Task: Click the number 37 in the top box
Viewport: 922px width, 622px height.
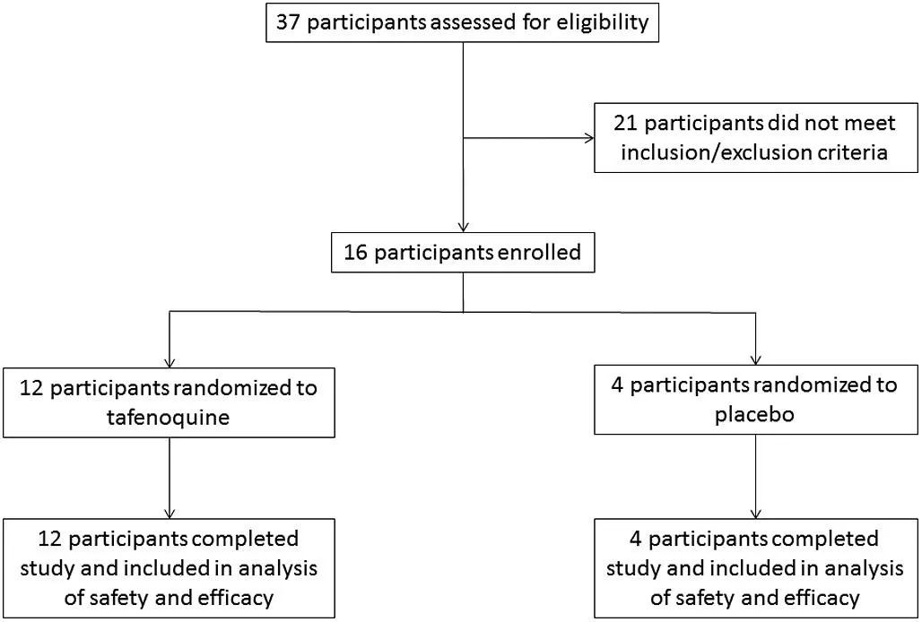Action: [x=288, y=23]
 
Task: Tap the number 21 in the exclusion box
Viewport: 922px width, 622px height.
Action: [x=626, y=124]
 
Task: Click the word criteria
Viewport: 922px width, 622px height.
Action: [x=851, y=152]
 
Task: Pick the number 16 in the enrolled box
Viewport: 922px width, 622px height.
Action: [x=356, y=253]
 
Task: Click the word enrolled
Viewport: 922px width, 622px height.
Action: [x=539, y=253]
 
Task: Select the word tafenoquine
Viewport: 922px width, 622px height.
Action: [x=169, y=418]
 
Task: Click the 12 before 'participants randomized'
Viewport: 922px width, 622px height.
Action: [x=31, y=388]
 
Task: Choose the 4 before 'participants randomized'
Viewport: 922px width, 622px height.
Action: [x=617, y=385]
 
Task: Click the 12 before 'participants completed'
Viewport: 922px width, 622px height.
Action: [x=50, y=539]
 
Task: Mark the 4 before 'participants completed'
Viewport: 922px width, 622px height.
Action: [x=635, y=539]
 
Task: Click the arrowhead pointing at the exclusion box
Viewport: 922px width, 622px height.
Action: [x=589, y=139]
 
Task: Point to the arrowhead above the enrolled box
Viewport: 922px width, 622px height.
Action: [x=464, y=227]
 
